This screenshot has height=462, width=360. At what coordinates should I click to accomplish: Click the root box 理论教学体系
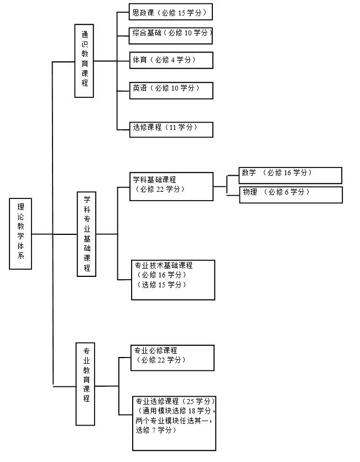[x=20, y=233]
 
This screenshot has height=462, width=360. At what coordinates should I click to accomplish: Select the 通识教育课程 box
[x=84, y=60]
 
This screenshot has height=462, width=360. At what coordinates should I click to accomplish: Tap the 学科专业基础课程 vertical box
[x=86, y=233]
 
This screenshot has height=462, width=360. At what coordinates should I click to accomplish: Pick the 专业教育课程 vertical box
[x=86, y=375]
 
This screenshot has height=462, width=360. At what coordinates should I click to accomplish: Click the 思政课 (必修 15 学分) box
[x=171, y=12]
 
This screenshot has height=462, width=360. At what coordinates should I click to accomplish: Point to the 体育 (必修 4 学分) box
[x=171, y=60]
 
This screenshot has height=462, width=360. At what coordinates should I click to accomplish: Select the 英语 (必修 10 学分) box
[x=171, y=90]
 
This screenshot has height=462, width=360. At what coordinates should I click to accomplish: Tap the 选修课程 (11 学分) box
[x=171, y=129]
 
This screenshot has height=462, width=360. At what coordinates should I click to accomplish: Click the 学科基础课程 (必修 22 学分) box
[x=172, y=186]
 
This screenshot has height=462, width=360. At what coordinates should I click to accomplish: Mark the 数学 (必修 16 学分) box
[x=290, y=175]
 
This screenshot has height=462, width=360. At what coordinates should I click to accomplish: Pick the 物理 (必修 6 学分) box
[x=290, y=194]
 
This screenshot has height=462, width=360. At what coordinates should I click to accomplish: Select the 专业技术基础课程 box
[x=173, y=280]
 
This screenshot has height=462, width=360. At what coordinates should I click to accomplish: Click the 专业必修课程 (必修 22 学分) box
[x=172, y=358]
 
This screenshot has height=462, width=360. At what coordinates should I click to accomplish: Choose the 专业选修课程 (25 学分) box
[x=173, y=423]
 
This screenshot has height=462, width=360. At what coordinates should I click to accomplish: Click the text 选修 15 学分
[x=161, y=285]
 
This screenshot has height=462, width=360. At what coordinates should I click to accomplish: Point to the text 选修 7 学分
[x=155, y=430]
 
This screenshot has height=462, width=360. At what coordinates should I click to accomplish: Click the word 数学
[x=249, y=172]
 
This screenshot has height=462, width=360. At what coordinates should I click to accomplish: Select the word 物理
[x=250, y=192]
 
